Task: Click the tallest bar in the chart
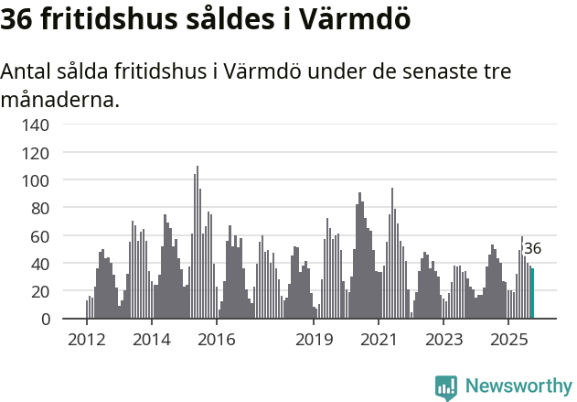(197, 243)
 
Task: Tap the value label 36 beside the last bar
(532, 248)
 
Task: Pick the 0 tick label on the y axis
(45, 320)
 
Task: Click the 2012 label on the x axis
(86, 341)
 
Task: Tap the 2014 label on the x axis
(151, 341)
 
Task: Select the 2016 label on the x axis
(216, 341)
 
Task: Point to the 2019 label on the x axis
(314, 341)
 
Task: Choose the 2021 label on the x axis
(379, 341)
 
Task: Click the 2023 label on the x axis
(443, 341)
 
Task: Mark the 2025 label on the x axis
(508, 341)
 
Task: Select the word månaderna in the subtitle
(59, 99)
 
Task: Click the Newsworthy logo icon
(446, 386)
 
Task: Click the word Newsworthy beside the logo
(518, 386)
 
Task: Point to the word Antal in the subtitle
(28, 71)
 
